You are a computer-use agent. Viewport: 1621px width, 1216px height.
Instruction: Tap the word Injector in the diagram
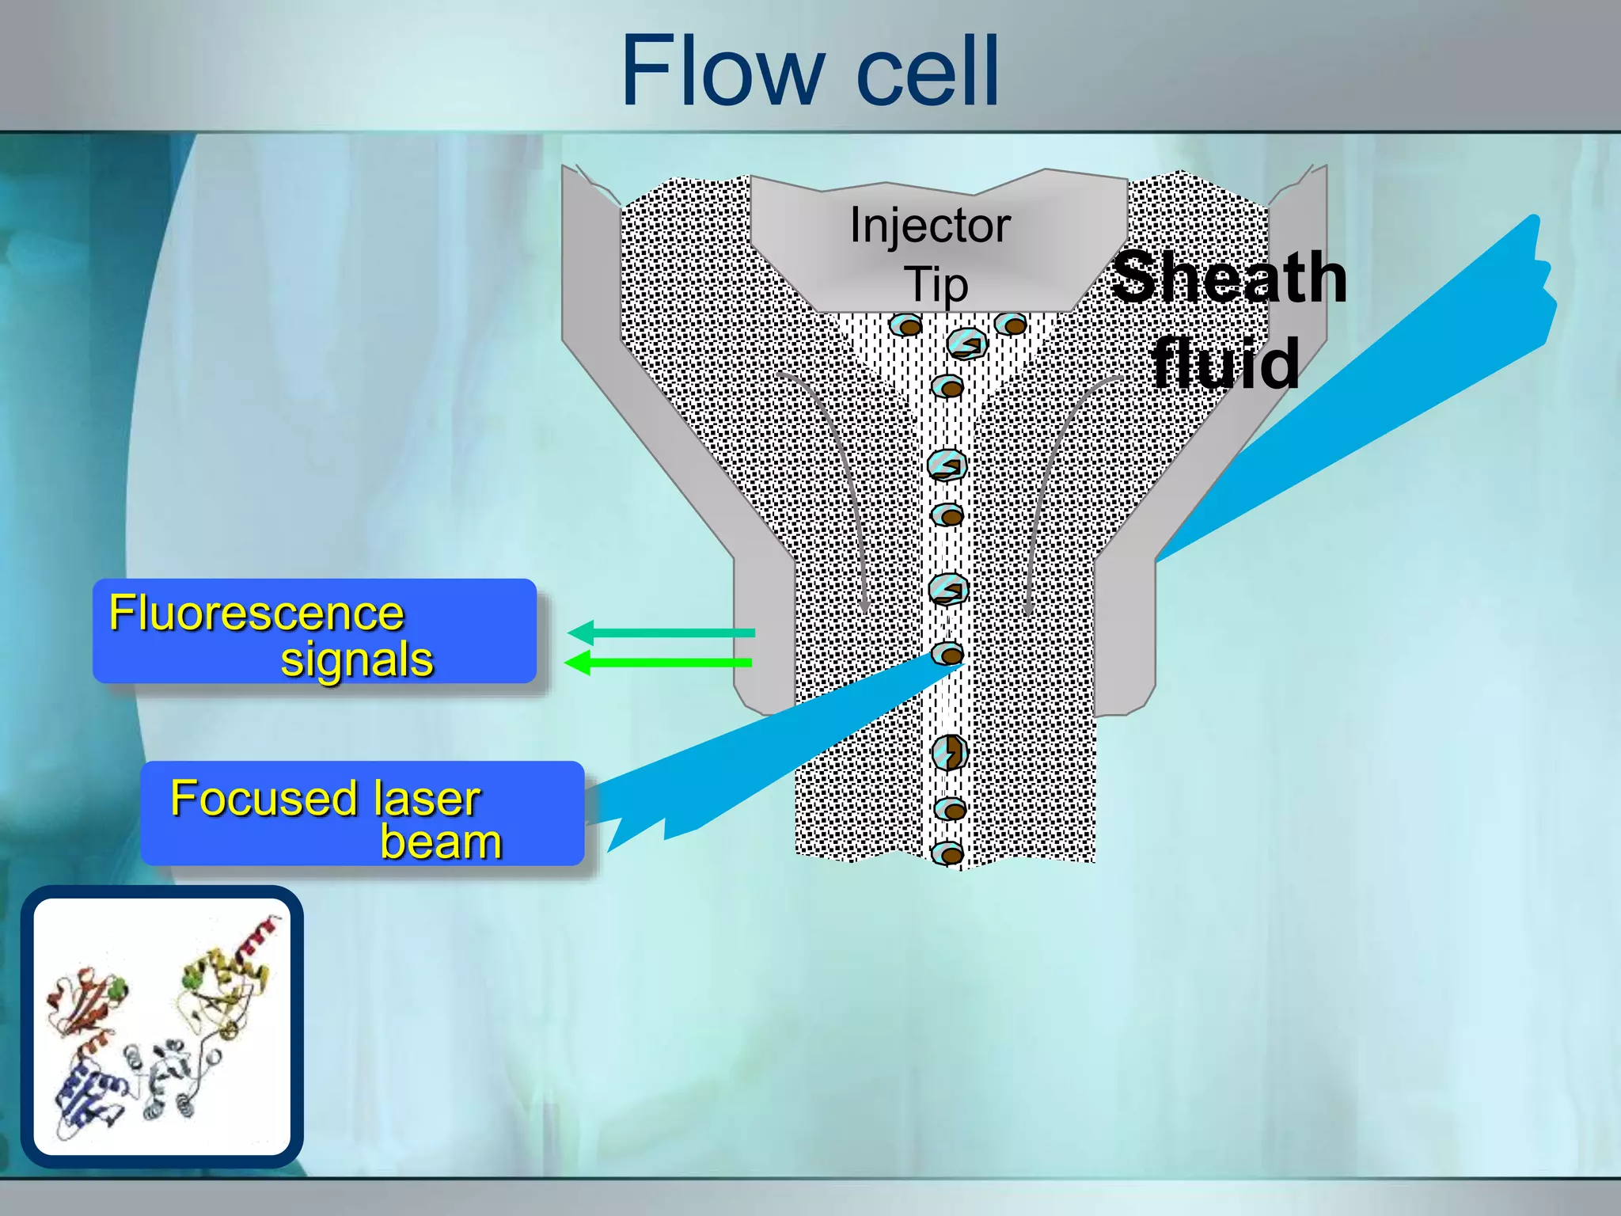pos(929,226)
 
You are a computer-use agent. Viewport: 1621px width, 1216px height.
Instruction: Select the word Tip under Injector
pos(936,284)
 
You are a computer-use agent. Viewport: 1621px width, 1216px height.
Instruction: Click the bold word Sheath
pos(1229,277)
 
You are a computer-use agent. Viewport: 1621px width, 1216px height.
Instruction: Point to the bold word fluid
pos(1224,363)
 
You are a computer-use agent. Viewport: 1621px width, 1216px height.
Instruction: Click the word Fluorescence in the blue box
pos(256,614)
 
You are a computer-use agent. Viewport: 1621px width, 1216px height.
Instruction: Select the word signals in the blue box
pos(357,659)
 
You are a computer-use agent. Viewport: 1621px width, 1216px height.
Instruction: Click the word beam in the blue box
pos(441,841)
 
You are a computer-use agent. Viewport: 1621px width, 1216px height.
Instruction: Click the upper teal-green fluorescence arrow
pos(661,633)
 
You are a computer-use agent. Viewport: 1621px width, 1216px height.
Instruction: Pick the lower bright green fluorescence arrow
pos(658,662)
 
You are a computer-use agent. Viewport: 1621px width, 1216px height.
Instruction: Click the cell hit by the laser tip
pos(948,654)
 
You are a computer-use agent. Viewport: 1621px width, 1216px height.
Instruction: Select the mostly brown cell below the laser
pos(949,753)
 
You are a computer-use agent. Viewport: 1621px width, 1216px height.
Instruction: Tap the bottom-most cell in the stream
pos(947,853)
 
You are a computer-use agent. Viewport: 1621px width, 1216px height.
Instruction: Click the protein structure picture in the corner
pos(162,1027)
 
